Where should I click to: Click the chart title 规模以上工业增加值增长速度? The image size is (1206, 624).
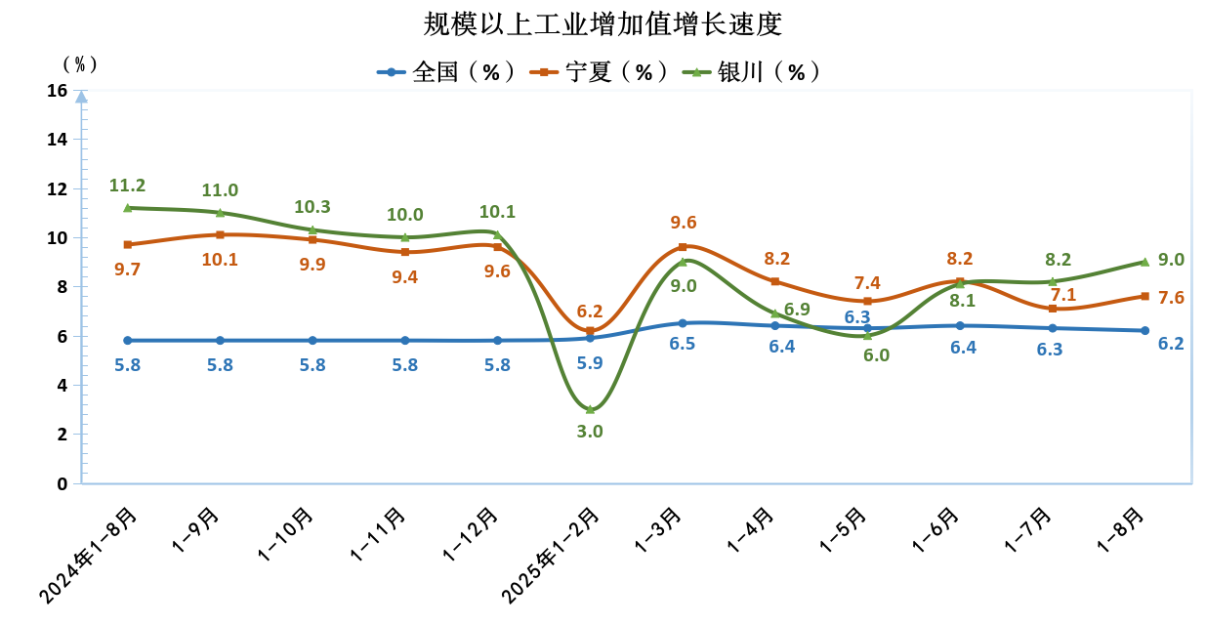(603, 23)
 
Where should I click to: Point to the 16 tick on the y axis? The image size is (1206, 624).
(57, 91)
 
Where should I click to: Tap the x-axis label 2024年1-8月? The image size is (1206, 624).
(89, 553)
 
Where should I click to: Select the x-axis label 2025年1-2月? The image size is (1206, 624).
(551, 553)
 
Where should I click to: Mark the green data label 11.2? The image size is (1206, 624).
(127, 186)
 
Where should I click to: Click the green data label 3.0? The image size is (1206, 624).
(590, 431)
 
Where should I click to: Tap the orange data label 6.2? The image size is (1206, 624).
(589, 311)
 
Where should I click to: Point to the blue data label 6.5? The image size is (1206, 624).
(683, 344)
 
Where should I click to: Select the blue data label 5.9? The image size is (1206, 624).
(590, 362)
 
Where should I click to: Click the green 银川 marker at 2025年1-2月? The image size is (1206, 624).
(590, 409)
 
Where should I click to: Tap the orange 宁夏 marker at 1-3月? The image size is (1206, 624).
(683, 247)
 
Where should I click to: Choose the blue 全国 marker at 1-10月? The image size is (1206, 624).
(312, 341)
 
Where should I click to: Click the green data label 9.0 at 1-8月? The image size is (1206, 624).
(1171, 260)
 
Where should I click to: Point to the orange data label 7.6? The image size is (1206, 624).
(1171, 297)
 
